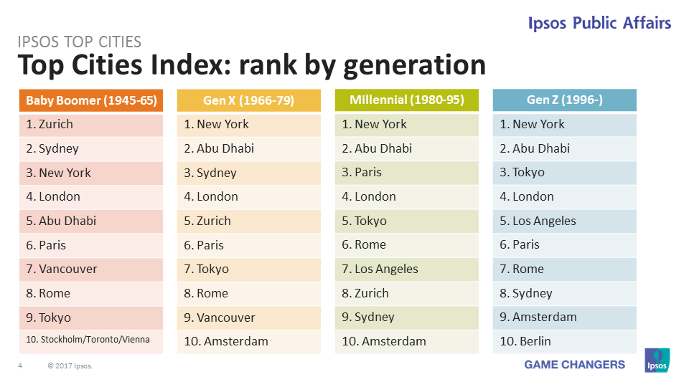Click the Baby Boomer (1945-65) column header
coord(91,100)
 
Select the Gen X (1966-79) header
coord(248,100)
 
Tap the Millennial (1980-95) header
coord(406,100)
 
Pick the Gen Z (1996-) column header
coord(564,100)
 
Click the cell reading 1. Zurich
coord(91,124)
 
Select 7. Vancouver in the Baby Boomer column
coord(91,269)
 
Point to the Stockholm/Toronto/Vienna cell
coord(91,340)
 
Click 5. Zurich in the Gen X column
coord(248,221)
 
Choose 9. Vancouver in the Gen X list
coord(248,317)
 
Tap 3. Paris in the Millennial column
coord(406,173)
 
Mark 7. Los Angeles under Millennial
coord(406,269)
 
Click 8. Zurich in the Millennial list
coord(406,293)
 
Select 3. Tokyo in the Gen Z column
coord(564,173)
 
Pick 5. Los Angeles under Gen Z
coord(564,221)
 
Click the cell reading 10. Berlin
coord(564,342)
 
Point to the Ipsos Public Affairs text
coord(599,23)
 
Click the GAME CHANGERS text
coord(574,365)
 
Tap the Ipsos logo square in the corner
coord(657,360)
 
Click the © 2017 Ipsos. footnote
coord(70,366)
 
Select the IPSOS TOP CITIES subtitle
coord(79,42)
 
